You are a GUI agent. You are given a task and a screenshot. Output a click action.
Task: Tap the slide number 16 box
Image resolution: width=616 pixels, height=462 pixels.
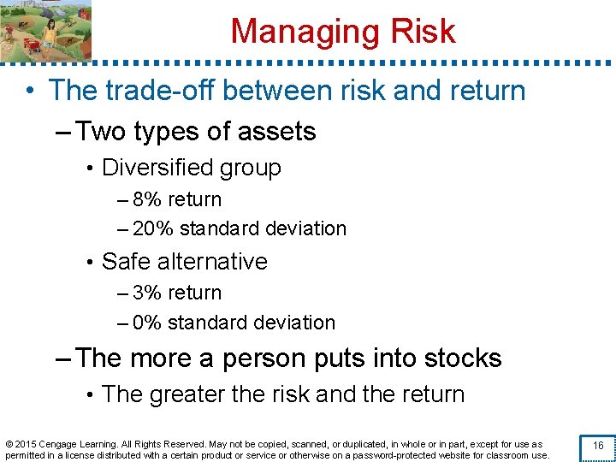(x=598, y=446)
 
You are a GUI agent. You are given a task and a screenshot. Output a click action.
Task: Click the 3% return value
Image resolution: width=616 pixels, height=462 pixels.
(x=148, y=293)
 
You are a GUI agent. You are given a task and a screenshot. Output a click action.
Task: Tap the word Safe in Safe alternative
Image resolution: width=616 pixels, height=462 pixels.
(x=125, y=261)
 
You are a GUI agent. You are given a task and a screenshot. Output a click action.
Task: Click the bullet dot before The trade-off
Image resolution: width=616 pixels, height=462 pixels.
(x=29, y=91)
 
